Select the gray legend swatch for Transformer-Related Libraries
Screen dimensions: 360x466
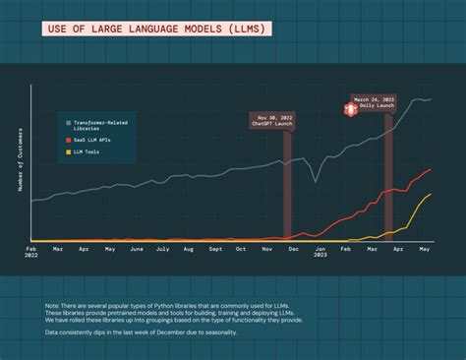coord(68,123)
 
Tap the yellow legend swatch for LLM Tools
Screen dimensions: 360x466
coord(68,152)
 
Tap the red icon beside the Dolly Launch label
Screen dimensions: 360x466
coord(348,104)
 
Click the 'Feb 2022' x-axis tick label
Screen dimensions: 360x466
coord(31,254)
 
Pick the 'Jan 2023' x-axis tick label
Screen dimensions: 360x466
coord(320,254)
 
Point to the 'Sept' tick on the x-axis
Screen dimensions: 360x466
coord(214,250)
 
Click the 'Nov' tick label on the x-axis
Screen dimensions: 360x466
coord(266,250)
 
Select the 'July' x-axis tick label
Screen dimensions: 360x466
coord(162,250)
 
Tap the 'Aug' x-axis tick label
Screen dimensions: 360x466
coord(188,250)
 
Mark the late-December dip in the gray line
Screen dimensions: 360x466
coord(315,181)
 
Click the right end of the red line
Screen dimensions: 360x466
coord(432,169)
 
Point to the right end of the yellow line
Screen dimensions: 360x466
coord(432,195)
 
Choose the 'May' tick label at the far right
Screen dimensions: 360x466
coord(425,250)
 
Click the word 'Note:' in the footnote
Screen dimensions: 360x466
coord(53,306)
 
